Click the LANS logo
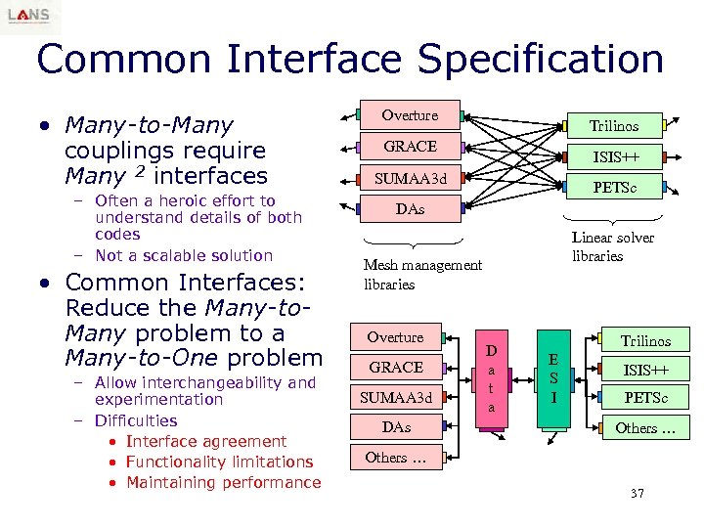[29, 17]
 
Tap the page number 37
[637, 493]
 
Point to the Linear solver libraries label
[612, 246]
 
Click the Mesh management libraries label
[422, 274]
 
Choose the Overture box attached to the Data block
[395, 337]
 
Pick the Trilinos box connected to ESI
[645, 341]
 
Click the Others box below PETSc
[645, 428]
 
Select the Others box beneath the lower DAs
[399, 458]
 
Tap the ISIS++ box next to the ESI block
[645, 370]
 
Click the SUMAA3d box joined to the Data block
[395, 398]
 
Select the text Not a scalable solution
[184, 255]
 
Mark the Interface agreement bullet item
[206, 441]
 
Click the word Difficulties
[136, 420]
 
